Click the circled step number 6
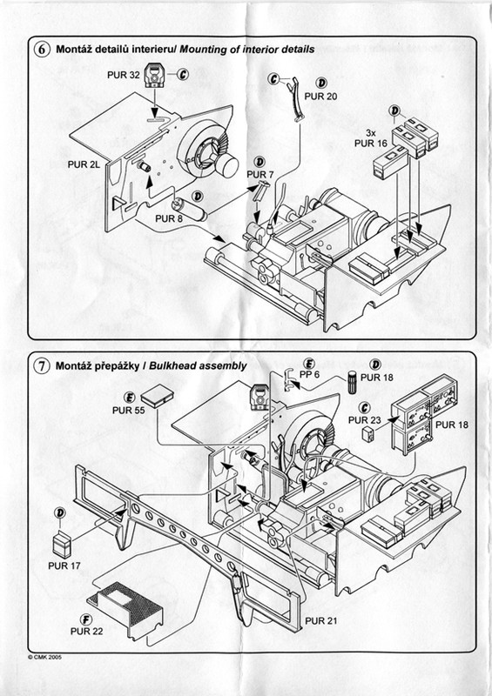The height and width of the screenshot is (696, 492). [x=41, y=50]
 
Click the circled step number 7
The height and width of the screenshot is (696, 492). [x=41, y=365]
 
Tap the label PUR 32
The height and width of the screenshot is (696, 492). [x=124, y=75]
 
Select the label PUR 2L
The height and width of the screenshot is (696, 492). [x=84, y=164]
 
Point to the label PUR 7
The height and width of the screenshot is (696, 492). [x=260, y=175]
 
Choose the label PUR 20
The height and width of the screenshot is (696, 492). [x=320, y=97]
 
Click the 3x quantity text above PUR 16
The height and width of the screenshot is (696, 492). [x=371, y=133]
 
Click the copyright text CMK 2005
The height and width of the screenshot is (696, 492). [x=44, y=657]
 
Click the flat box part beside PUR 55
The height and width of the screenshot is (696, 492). [x=158, y=399]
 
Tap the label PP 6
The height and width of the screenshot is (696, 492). [x=310, y=375]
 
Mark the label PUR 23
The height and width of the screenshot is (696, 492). [x=365, y=420]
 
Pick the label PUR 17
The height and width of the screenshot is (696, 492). [x=64, y=566]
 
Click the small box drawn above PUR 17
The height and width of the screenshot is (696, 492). [x=62, y=545]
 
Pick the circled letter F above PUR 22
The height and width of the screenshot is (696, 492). [x=86, y=619]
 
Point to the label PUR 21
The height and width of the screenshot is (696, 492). [x=320, y=620]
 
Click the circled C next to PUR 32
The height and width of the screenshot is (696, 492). [x=183, y=75]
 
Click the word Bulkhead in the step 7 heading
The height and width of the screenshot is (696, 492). [x=168, y=365]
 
